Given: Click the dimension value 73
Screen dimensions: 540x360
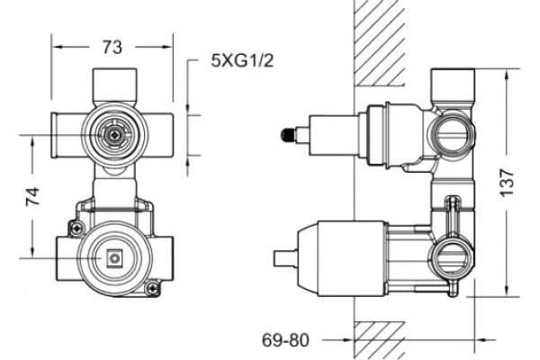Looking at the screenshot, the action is point(112,47).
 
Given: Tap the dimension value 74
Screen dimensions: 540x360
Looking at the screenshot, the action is point(32,197).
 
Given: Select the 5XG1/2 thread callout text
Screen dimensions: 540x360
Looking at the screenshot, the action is point(242,61).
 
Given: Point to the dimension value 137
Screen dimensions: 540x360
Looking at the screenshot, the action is point(507,183).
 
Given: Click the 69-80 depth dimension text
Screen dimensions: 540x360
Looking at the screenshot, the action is point(285,340).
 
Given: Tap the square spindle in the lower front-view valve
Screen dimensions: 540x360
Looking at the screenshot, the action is point(115,258).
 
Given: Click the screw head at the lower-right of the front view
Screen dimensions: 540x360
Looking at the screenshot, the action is point(151,288).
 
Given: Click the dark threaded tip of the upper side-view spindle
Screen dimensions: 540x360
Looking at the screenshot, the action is point(288,135).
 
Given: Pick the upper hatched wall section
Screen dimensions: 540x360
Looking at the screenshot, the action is point(380,42).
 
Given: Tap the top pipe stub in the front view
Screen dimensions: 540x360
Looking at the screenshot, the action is point(114,85).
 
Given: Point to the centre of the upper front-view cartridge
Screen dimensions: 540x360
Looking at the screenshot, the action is point(113,135).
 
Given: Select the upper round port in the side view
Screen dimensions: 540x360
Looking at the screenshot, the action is point(451,135).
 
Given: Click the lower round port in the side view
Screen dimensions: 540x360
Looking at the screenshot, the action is point(452,258).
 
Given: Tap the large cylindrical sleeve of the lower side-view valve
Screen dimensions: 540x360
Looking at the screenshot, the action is point(352,258).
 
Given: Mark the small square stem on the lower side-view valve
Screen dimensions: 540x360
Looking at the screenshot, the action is point(284,258).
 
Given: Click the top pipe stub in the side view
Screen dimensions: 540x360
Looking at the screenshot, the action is point(452,85).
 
